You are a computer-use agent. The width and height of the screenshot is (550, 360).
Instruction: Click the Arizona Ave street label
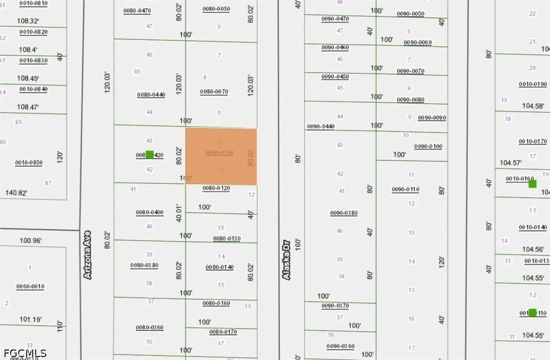click(88, 255)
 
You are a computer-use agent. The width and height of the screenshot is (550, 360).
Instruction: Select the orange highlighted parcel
click(221, 156)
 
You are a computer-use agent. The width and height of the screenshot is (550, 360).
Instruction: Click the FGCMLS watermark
click(24, 353)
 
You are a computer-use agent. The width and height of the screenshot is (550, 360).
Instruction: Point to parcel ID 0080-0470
click(137, 11)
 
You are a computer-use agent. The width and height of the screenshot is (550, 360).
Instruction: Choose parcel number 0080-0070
click(214, 92)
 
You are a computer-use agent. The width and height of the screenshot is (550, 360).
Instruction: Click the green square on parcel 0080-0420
click(150, 155)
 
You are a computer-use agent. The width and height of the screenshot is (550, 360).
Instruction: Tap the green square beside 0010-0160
click(532, 184)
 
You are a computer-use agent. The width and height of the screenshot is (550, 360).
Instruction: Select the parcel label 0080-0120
click(216, 189)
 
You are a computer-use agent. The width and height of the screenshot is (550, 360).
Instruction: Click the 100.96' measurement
click(31, 241)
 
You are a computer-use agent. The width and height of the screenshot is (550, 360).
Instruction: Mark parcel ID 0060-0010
click(30, 286)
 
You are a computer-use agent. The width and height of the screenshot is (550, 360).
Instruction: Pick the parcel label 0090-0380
click(344, 213)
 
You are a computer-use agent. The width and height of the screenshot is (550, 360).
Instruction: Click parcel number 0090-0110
click(406, 189)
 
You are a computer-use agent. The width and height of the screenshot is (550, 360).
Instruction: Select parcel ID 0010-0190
click(533, 84)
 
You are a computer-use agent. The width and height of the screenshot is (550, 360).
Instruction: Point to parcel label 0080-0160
click(216, 304)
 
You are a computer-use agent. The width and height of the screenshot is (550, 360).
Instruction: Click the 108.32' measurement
click(29, 21)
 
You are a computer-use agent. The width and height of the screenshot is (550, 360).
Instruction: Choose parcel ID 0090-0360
click(341, 346)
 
